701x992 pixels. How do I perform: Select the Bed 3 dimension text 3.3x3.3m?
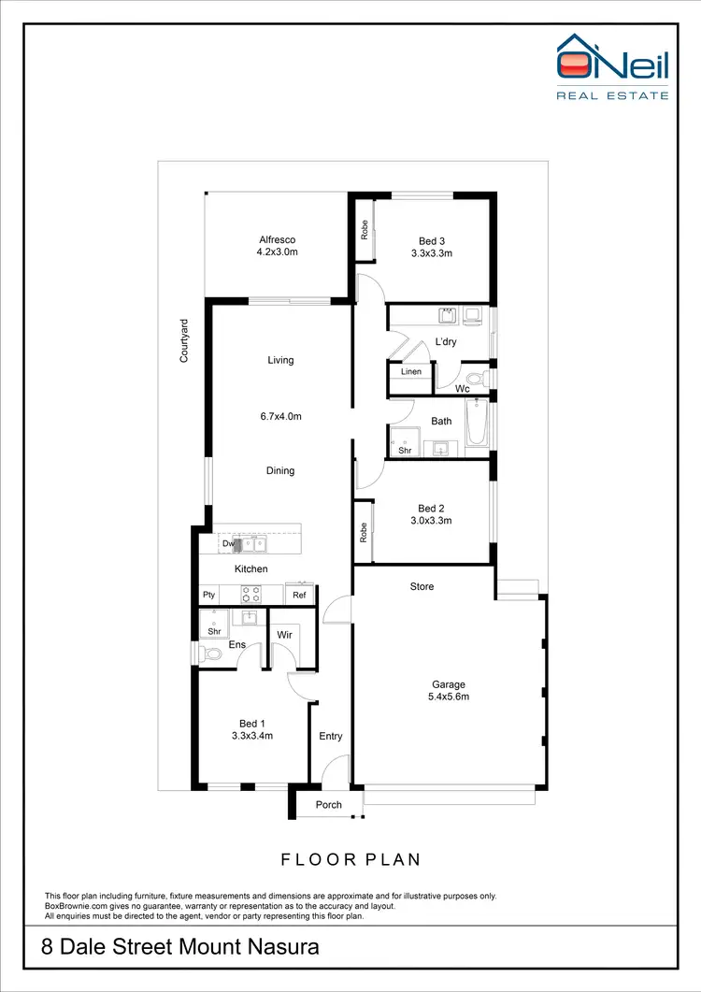[432, 252]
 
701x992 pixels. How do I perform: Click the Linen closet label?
[411, 372]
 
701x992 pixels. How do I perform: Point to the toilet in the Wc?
[478, 380]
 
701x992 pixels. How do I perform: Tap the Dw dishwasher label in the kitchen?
[227, 543]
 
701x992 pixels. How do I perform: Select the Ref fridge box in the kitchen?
[299, 595]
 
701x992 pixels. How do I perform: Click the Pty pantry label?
[208, 595]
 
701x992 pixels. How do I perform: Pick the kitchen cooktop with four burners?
[250, 593]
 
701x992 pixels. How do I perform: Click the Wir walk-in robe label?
[285, 635]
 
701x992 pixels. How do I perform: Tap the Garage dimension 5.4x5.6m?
[448, 697]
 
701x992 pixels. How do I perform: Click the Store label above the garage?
[422, 587]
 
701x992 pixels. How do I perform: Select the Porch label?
[329, 804]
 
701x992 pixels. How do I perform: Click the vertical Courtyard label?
[184, 340]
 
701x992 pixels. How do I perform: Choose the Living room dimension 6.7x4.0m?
[280, 417]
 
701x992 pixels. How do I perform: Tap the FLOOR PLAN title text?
[350, 859]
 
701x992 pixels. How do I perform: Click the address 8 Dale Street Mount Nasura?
[180, 947]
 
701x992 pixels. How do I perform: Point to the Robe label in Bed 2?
[363, 532]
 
